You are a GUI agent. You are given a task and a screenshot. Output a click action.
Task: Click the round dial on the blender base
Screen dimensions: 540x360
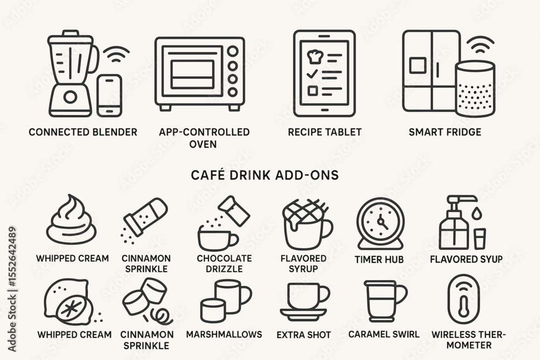[x=71, y=97]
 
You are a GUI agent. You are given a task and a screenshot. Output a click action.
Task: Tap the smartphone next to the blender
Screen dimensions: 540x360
[x=110, y=96]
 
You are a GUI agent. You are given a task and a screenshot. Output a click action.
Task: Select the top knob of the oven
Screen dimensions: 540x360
[x=233, y=51]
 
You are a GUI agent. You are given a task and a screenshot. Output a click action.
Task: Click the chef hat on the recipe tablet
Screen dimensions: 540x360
[x=314, y=56]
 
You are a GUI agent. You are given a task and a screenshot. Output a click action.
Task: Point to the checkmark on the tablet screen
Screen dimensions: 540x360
[x=312, y=73]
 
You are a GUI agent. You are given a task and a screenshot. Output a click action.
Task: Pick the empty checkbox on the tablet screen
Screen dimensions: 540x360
[x=312, y=90]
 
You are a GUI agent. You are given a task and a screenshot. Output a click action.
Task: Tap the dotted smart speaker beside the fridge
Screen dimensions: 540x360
[x=475, y=89]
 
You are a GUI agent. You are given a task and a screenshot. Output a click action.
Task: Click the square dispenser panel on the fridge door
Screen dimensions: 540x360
[x=418, y=65]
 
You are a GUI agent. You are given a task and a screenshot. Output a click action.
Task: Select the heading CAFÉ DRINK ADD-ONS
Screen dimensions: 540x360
[x=265, y=175]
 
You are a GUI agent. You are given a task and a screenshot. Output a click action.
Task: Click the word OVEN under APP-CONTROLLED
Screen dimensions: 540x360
[x=203, y=144]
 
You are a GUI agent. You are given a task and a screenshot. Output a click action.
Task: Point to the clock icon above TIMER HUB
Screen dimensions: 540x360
[x=381, y=223]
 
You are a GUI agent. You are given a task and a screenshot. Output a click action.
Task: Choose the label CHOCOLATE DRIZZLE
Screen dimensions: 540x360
[x=224, y=263]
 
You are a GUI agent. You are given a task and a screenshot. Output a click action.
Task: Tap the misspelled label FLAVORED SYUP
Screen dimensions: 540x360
[x=466, y=259]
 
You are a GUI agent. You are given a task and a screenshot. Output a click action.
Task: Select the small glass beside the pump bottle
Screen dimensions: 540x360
[x=480, y=239]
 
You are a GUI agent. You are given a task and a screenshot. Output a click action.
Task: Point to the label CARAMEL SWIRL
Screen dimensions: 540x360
[x=384, y=334]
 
